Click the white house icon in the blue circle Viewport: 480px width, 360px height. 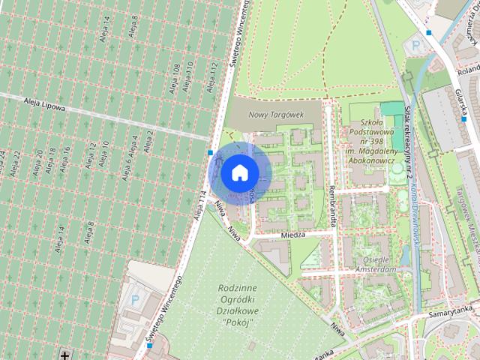point(239,172)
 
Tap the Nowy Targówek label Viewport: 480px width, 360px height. point(275,114)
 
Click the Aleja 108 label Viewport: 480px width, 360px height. point(175,76)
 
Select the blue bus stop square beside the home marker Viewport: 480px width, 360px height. point(211,153)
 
